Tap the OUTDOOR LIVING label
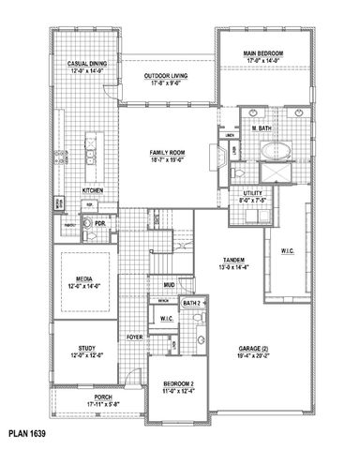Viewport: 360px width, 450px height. click(168, 76)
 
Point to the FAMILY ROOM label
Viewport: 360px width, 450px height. click(169, 153)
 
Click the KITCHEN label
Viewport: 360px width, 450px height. click(105, 190)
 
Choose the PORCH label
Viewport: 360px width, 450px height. click(83, 397)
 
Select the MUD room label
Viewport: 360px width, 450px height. click(170, 285)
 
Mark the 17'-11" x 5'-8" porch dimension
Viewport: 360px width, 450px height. click(83, 404)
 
